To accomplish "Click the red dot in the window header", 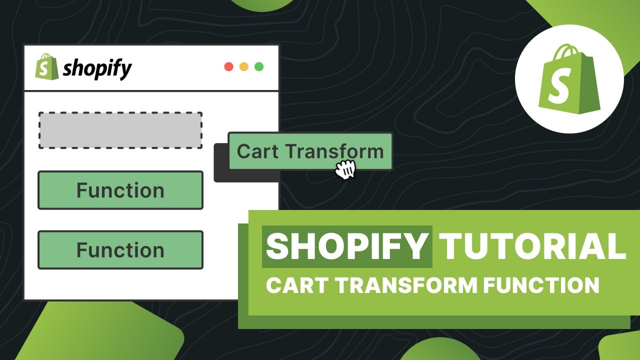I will coord(229,67).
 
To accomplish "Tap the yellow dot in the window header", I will coord(244,67).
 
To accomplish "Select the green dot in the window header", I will coord(259,67).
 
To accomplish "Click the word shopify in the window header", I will coord(97,68).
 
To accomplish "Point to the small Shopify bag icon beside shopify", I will coord(43,66).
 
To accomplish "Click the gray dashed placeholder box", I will coord(120,130).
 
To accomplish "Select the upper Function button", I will coord(120,190).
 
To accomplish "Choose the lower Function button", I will coord(120,250).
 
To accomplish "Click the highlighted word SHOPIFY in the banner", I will coord(347,246).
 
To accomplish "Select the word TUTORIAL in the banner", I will coord(532,246).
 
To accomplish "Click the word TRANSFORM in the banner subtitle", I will coord(402,285).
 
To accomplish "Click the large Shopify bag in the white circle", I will coord(569,80).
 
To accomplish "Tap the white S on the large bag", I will coord(557,89).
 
